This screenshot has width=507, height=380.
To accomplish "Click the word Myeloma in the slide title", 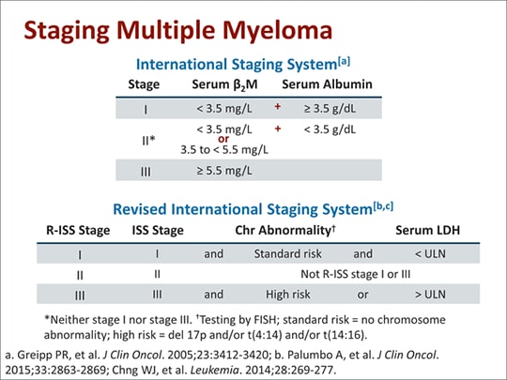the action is coord(277,31).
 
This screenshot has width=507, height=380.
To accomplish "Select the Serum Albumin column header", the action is coord(327,84).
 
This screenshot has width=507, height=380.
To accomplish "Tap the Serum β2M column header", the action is coord(224,85).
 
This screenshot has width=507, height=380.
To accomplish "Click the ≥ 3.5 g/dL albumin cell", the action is coord(330,109).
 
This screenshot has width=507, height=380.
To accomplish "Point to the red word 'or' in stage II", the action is coord(223,139).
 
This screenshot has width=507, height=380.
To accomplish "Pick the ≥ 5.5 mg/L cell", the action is coord(224,170).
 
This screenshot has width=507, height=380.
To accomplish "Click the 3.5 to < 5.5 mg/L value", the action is coord(224,149).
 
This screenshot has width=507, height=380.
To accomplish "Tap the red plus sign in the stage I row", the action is coord(277,107).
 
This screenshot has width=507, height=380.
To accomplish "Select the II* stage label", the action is coord(148,141).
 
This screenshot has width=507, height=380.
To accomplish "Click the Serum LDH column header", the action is coord(427,230).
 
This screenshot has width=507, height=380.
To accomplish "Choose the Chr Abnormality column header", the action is coord(285,230).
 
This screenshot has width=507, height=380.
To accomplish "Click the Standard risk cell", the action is coord(288,254).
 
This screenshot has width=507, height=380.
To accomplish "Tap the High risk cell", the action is coord(288,295).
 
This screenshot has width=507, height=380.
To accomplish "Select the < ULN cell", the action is coord(430,254).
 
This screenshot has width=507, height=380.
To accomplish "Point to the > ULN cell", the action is coord(430,295).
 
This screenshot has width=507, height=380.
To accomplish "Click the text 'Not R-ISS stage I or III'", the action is coord(355,274).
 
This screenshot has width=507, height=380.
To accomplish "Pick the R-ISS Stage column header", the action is coord(78,230).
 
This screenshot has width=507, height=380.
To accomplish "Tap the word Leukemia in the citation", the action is coord(214,370).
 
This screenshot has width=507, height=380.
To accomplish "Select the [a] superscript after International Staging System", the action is coord(344,61).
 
